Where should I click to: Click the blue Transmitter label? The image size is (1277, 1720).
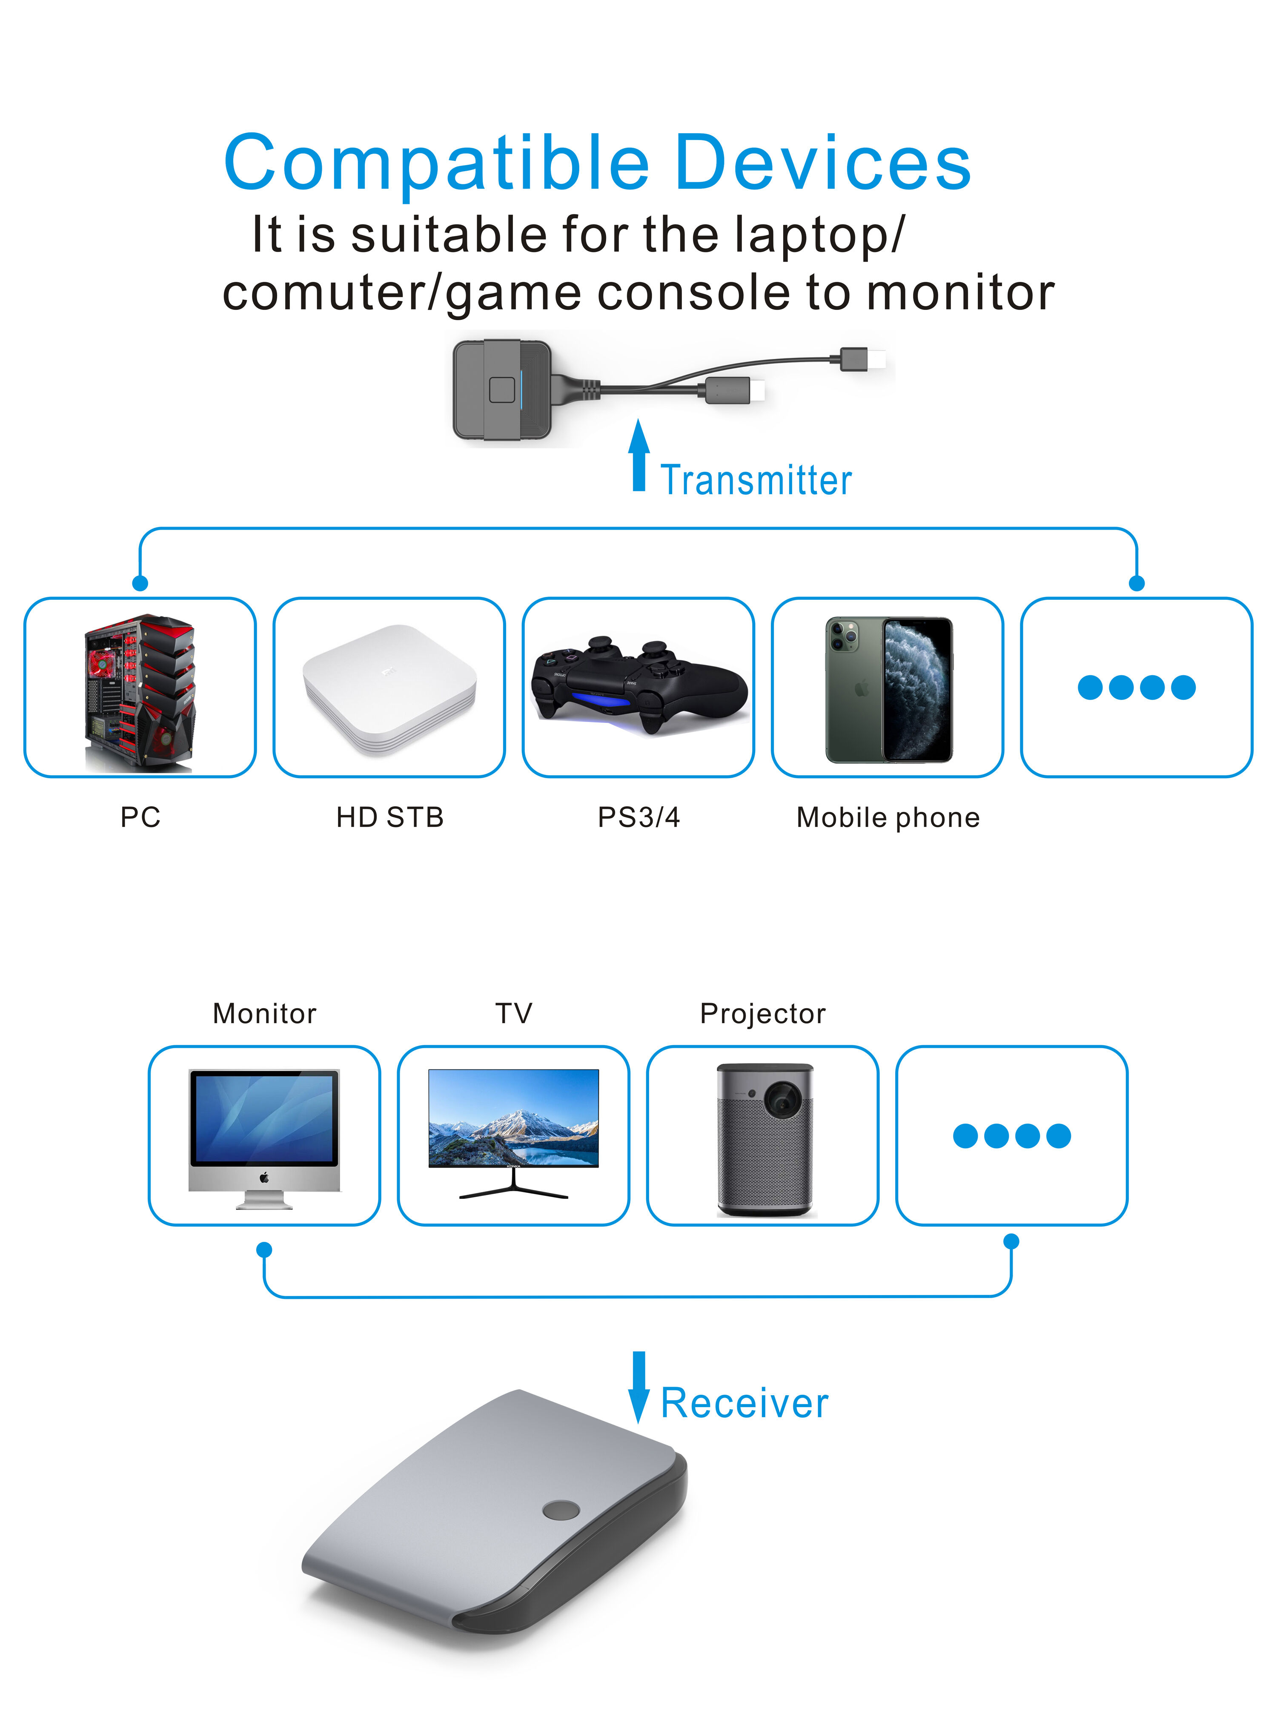(756, 480)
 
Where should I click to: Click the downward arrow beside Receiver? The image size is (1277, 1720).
(638, 1386)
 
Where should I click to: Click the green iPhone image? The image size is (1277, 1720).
(889, 690)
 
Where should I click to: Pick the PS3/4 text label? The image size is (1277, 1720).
(638, 817)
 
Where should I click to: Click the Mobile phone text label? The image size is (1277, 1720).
(888, 817)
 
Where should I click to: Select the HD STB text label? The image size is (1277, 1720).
(389, 817)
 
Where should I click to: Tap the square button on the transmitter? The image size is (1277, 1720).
(502, 390)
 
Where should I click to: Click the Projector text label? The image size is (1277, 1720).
(762, 1013)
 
